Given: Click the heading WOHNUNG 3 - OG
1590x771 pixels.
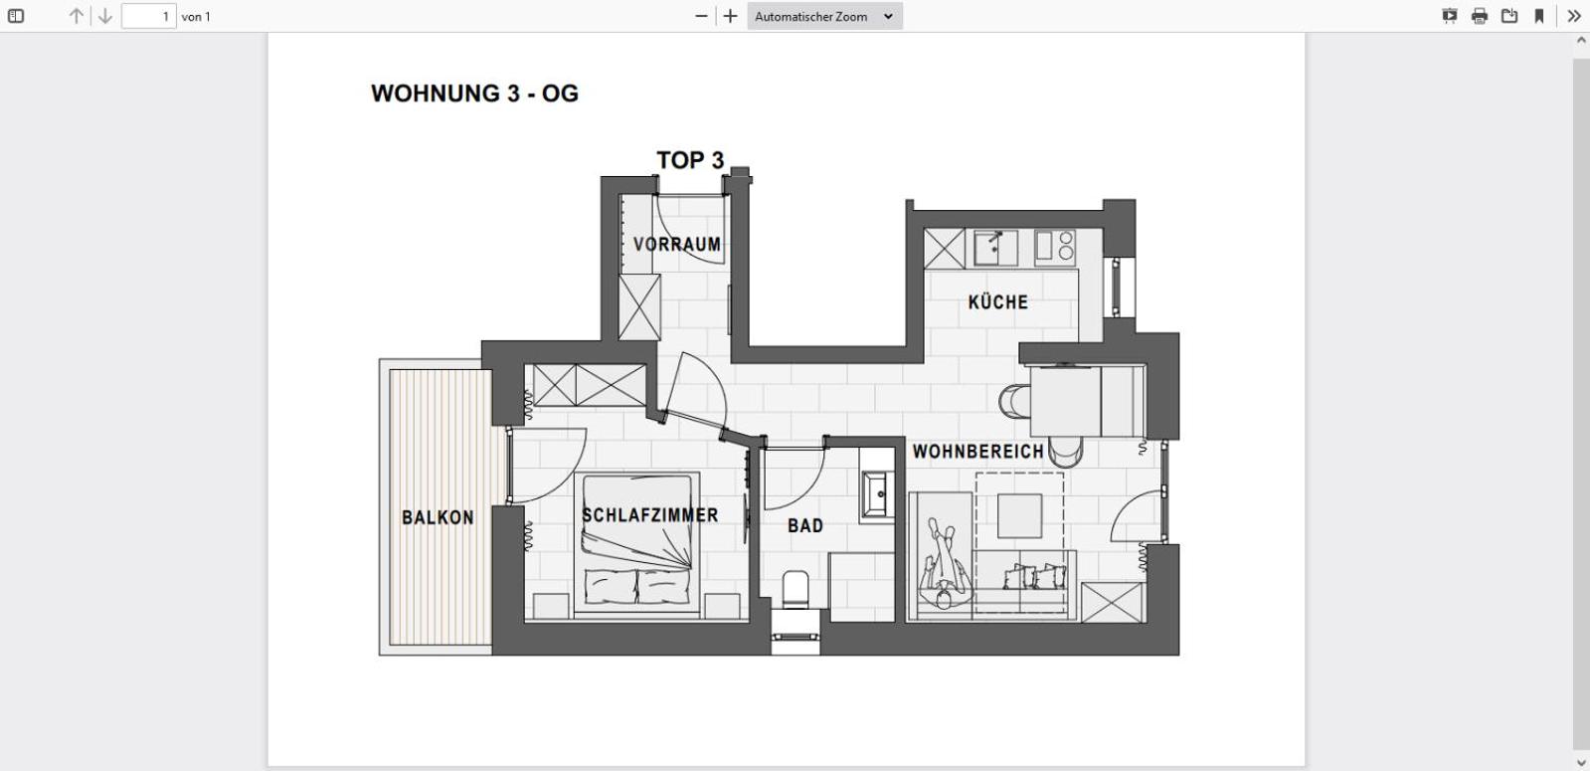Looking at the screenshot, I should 474,94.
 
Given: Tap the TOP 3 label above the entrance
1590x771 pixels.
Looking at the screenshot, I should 690,160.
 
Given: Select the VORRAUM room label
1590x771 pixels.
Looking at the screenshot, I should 676,244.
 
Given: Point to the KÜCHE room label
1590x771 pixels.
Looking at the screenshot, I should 997,302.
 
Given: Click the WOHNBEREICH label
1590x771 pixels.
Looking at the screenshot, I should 977,452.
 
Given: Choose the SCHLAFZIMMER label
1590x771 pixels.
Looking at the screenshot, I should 649,515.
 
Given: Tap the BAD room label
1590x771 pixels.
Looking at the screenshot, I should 805,525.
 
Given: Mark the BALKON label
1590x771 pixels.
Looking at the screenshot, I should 438,517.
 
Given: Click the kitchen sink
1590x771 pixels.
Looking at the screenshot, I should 994,248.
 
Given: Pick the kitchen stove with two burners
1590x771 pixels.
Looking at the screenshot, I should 1055,248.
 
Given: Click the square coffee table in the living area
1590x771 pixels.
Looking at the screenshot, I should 1019,515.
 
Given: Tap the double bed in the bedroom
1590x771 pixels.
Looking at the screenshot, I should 636,542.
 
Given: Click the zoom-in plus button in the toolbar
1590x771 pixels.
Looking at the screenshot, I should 730,16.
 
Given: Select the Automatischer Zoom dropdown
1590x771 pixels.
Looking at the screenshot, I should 824,16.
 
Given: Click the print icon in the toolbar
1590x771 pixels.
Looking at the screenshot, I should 1480,16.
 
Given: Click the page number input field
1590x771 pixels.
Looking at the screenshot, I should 148,16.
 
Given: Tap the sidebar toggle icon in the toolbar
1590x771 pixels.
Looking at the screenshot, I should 16,16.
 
